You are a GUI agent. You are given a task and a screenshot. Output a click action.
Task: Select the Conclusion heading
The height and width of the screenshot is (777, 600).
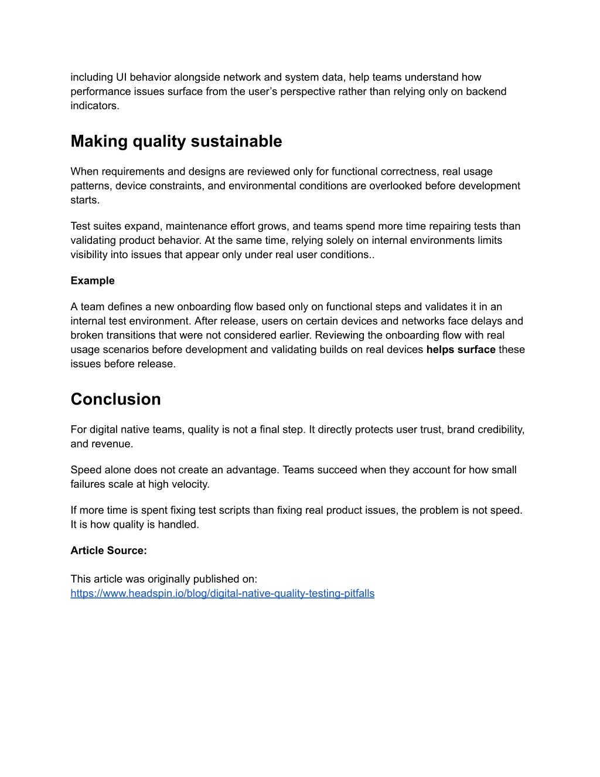pos(115,399)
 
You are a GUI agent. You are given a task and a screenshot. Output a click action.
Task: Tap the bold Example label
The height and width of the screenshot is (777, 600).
pos(93,280)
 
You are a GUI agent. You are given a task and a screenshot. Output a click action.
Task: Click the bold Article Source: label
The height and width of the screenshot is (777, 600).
pos(108,550)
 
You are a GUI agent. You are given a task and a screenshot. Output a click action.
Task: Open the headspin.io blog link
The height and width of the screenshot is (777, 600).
pos(222,593)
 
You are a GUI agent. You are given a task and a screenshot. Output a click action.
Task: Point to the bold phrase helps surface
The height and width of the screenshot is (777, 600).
pos(461,350)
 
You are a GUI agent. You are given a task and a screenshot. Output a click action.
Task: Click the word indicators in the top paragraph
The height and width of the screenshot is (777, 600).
pos(94,106)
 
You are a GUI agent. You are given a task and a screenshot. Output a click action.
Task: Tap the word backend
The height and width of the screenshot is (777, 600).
pos(486,91)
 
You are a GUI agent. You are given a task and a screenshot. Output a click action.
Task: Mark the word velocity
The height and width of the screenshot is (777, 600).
pos(190,484)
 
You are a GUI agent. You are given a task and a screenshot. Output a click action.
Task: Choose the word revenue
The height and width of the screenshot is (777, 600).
pos(112,444)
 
